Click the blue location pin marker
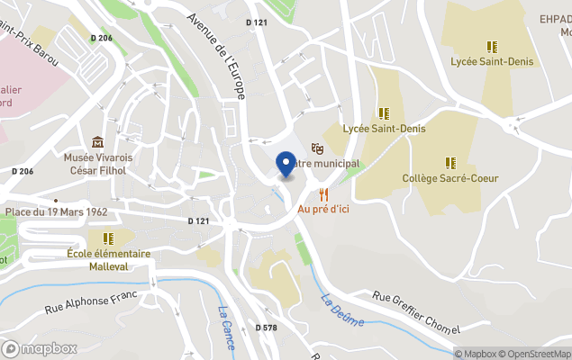point(286,164)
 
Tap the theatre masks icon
point(317,147)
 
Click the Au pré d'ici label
point(323,209)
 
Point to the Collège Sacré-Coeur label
point(450,178)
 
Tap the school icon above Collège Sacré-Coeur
point(450,163)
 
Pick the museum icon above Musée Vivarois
point(97,141)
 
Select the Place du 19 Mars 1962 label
point(56,212)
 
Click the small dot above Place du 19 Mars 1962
point(56,201)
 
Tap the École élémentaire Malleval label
point(108,259)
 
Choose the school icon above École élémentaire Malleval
point(108,238)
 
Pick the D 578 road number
point(266,328)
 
